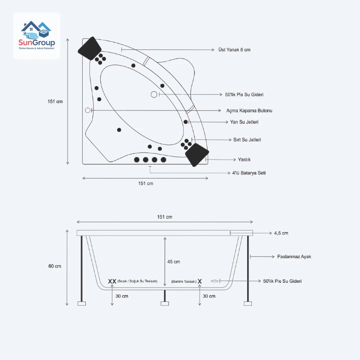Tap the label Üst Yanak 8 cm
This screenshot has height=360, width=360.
(234, 50)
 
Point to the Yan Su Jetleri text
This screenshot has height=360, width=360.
(244, 122)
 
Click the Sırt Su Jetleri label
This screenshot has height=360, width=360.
(247, 140)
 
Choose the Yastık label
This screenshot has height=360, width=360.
(244, 160)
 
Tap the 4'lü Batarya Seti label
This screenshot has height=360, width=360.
(249, 173)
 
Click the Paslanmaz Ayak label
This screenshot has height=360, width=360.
(294, 257)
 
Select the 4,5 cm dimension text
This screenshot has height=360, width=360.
(281, 233)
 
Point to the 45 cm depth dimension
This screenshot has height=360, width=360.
(173, 262)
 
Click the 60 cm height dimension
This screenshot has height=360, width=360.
(55, 266)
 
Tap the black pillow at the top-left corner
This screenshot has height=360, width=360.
(89, 48)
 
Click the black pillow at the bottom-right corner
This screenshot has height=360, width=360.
(197, 154)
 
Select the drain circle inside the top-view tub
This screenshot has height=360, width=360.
(154, 94)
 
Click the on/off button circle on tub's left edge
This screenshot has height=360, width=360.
(88, 110)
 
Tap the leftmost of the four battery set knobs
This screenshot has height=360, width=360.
(137, 160)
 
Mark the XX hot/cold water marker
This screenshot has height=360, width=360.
(112, 281)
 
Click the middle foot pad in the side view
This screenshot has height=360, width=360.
(164, 303)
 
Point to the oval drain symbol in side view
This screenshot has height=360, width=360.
(215, 281)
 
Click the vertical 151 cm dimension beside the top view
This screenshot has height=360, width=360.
(55, 101)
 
